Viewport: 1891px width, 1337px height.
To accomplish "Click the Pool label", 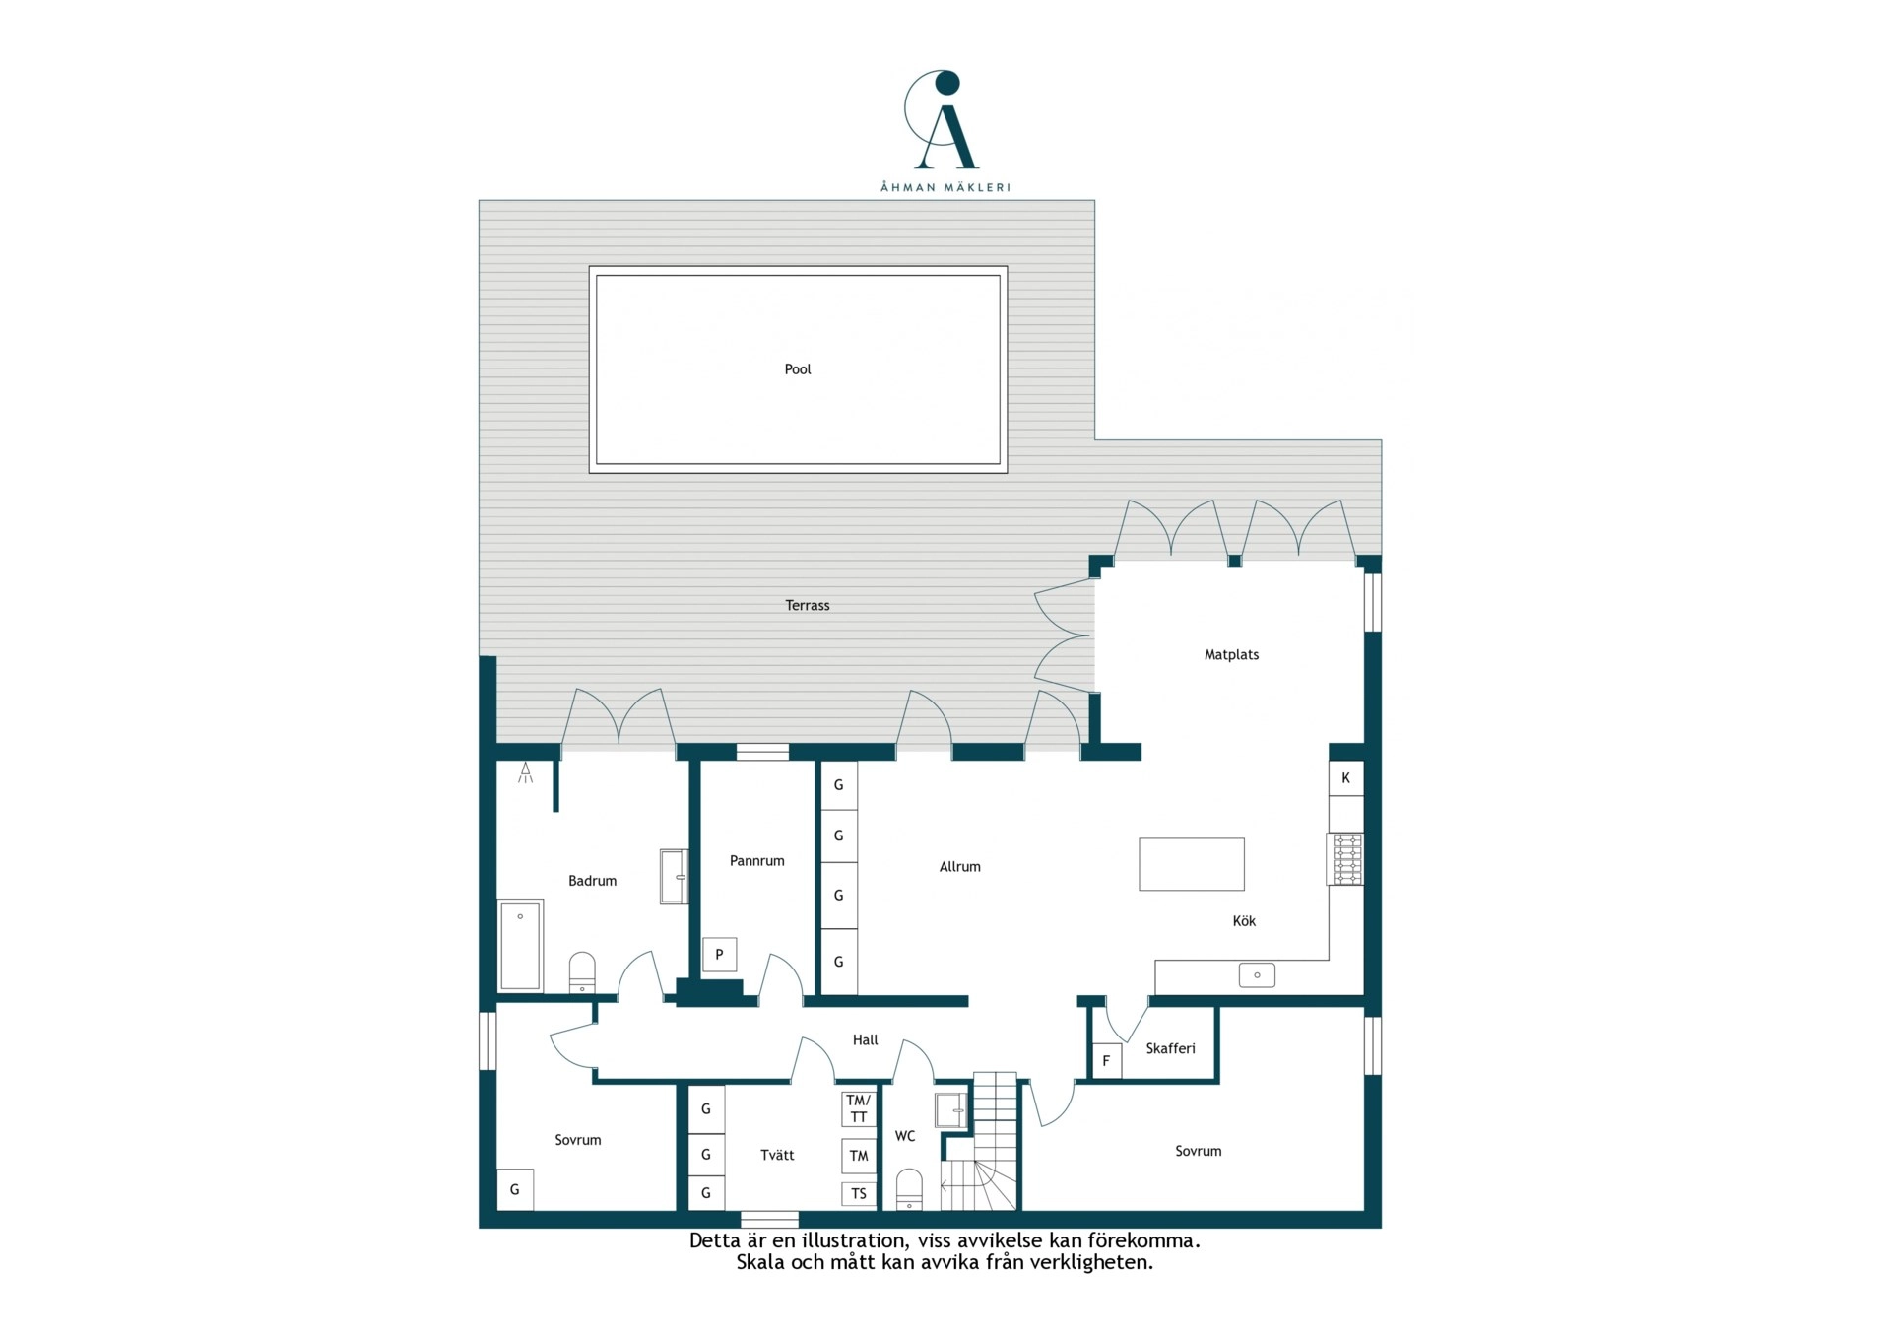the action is click(798, 369).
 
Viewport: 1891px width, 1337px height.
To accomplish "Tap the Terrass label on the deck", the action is click(808, 605).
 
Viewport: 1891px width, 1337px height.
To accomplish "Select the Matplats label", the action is click(1231, 654).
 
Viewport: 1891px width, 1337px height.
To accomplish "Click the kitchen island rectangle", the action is click(1192, 864).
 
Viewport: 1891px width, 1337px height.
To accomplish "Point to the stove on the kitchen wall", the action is click(1345, 859).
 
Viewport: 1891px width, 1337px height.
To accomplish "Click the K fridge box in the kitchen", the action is click(1346, 778).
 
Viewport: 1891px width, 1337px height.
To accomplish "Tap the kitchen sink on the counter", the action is click(1257, 975).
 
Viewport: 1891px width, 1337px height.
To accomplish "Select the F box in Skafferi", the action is click(1107, 1060).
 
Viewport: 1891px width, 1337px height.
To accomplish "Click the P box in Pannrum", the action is click(720, 954).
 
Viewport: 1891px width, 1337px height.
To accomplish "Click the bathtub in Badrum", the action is click(520, 945).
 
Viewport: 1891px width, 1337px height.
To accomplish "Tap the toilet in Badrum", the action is click(582, 972).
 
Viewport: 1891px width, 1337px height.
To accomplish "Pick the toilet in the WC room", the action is click(909, 1189).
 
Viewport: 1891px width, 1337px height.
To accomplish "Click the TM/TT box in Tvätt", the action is click(859, 1108).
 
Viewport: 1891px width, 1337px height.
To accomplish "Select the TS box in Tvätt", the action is click(859, 1193).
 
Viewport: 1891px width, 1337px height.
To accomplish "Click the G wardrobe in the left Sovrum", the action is click(514, 1189).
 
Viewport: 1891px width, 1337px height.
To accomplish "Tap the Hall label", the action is click(865, 1039).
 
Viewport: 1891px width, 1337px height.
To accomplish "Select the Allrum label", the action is click(960, 867).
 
